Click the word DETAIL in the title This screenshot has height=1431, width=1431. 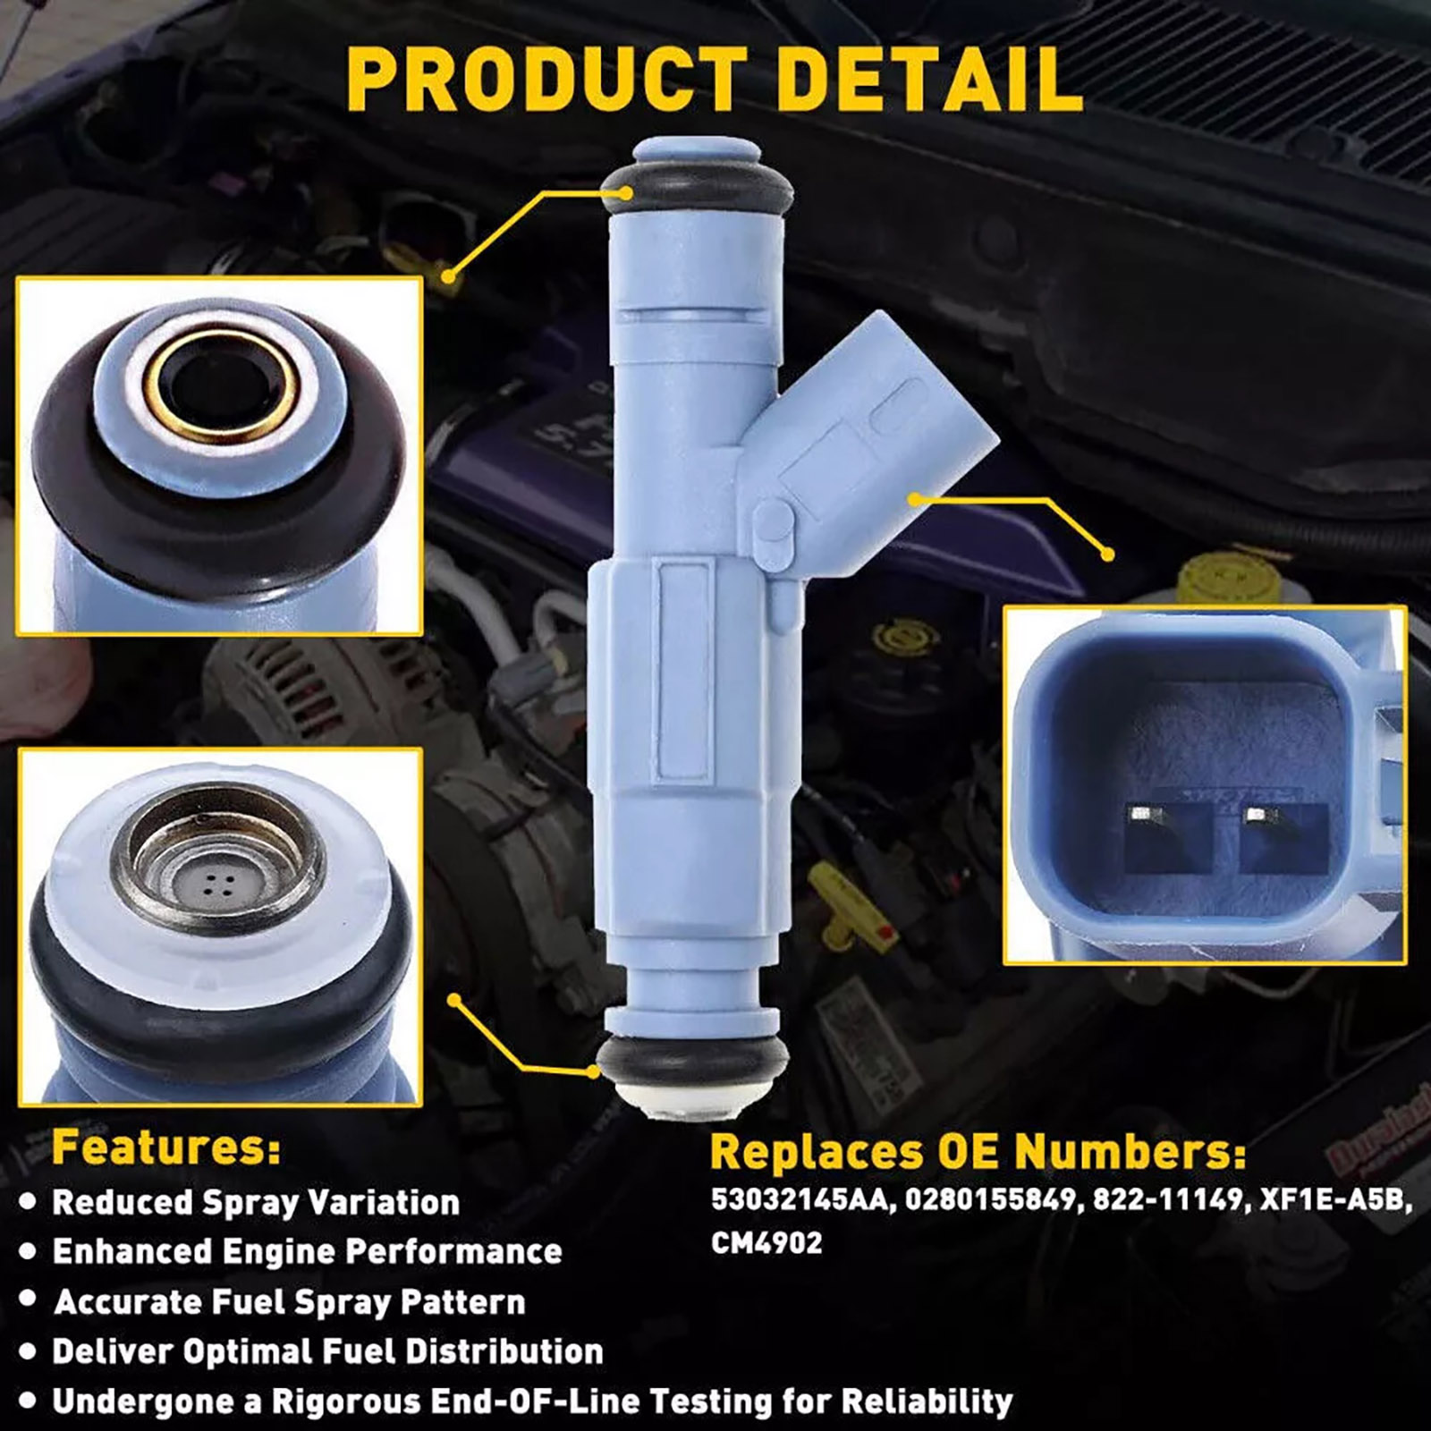coord(930,79)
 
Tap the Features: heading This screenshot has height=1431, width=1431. coord(166,1147)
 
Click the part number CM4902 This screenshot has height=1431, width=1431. coord(766,1243)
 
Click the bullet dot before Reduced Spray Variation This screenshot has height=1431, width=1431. coord(28,1202)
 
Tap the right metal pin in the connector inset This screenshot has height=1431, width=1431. coord(1257,814)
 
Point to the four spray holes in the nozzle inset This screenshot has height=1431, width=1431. coord(218,885)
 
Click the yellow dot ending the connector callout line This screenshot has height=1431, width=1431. coord(1108,555)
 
